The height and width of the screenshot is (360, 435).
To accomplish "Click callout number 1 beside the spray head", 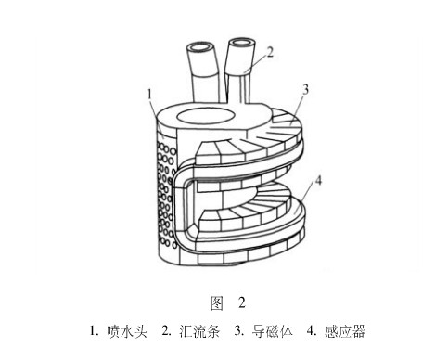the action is [x=149, y=94].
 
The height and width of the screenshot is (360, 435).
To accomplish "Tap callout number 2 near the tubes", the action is [x=270, y=53].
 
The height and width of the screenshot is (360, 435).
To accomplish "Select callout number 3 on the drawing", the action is [x=305, y=89].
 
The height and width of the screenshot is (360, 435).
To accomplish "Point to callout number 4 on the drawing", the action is [x=318, y=180].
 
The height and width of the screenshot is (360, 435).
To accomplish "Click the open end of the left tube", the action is [x=199, y=48].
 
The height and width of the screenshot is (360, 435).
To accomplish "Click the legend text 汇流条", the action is [x=199, y=331].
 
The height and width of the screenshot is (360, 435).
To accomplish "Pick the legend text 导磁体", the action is [x=272, y=331].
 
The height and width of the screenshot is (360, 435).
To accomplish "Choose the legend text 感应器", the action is [x=345, y=331].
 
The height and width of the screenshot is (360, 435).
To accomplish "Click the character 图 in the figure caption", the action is [x=217, y=302].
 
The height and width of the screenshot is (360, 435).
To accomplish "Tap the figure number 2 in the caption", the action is [x=242, y=302].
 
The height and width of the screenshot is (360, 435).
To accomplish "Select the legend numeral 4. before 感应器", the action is [x=312, y=331].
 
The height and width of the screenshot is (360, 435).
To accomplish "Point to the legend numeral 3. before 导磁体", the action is [x=238, y=331].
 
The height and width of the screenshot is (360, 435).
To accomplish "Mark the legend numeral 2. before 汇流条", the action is [x=166, y=331].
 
